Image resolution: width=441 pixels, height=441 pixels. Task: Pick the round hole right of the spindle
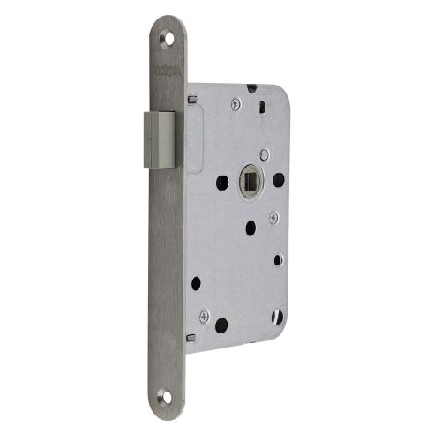[278, 180]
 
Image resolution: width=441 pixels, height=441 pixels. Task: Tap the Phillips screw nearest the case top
[235, 104]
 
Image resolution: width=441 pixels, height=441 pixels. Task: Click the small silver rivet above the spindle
[264, 155]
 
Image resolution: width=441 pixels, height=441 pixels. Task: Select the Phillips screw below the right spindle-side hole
[273, 216]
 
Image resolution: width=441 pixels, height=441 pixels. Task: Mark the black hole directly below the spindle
[250, 226]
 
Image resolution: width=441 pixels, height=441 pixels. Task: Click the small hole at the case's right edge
[278, 259]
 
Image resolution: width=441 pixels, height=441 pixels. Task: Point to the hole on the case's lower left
[196, 284]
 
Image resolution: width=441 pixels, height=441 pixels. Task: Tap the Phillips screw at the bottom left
[203, 315]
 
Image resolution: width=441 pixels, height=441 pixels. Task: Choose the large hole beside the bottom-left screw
[221, 325]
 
